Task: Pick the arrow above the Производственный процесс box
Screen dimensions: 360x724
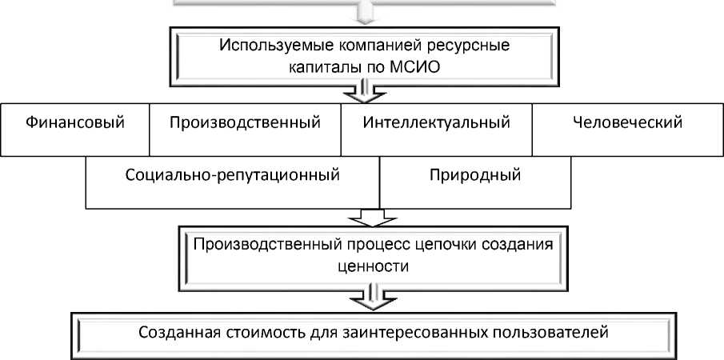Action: (x=362, y=217)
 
